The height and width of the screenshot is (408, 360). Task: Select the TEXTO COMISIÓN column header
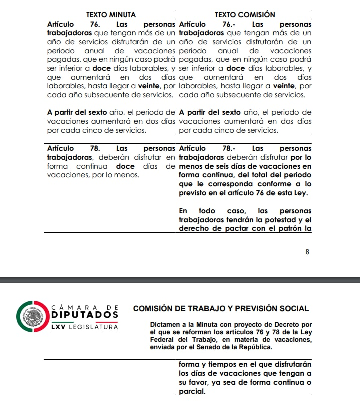click(245, 15)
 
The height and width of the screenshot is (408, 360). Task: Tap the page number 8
click(307, 251)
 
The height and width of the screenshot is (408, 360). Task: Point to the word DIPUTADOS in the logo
click(85, 314)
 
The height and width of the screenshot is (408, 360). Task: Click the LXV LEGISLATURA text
click(85, 327)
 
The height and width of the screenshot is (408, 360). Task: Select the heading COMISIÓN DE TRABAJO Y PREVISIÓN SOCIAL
click(221, 309)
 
